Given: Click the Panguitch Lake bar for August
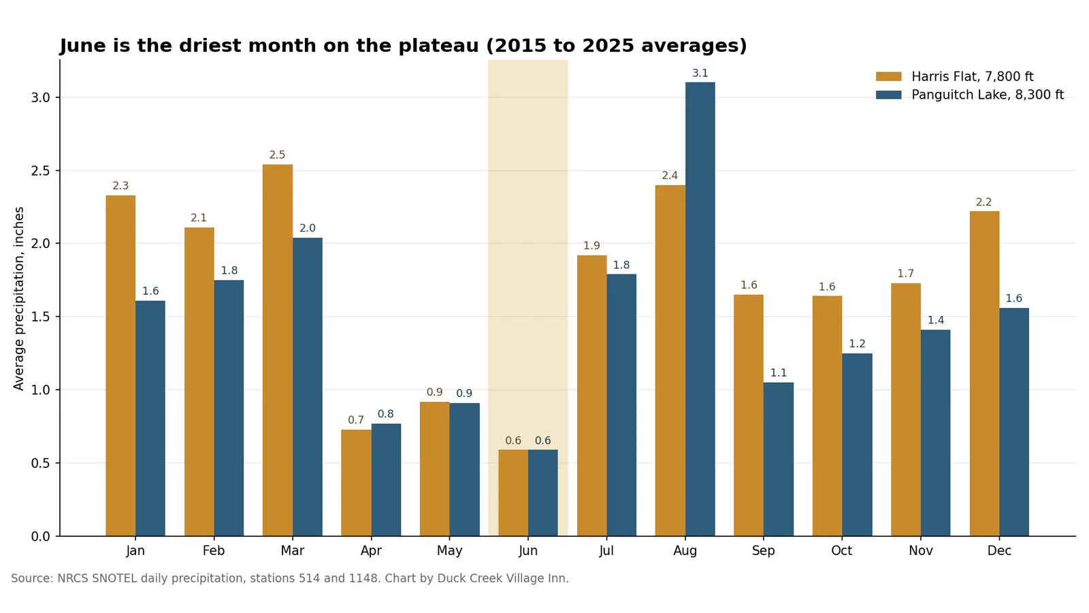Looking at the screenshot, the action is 700,309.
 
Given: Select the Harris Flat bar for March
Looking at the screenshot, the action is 278,350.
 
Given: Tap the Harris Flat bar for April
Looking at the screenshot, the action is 357,483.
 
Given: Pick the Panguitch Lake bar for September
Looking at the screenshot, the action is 779,459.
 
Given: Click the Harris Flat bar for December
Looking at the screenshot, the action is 984,374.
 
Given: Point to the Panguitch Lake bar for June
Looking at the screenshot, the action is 543,493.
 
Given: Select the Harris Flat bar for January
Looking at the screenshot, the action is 120,366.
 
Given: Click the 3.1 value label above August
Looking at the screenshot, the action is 700,73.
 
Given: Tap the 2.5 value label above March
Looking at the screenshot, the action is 277,155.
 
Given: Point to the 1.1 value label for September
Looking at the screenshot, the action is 779,373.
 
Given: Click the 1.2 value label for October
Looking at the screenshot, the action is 857,344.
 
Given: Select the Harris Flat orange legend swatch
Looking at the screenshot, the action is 889,76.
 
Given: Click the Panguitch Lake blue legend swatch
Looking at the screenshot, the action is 889,95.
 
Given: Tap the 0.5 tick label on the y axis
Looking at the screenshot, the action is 41,463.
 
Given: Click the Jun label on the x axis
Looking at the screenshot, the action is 528,551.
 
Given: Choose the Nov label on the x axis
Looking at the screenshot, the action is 921,551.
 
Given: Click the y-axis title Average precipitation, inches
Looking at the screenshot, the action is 18,299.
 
